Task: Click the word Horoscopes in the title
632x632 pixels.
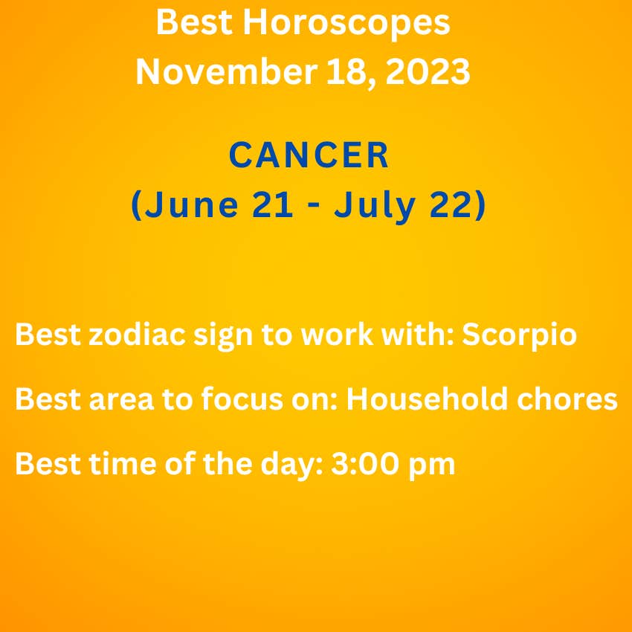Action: (x=346, y=23)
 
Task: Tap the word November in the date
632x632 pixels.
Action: (x=227, y=71)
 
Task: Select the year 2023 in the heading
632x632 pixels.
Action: (x=428, y=71)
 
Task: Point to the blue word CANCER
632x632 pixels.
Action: (x=309, y=155)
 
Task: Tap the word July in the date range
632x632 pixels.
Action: (x=375, y=205)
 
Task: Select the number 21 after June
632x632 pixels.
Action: (x=272, y=204)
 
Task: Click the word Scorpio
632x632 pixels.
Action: (x=519, y=335)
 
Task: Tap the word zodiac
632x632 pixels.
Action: (x=137, y=334)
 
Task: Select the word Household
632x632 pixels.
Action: (x=427, y=399)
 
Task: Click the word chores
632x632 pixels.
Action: (x=567, y=399)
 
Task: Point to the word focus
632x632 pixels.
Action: (x=242, y=399)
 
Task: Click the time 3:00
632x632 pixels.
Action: (x=365, y=463)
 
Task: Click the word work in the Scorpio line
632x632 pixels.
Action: (x=337, y=334)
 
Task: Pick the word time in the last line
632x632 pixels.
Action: (x=122, y=463)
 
